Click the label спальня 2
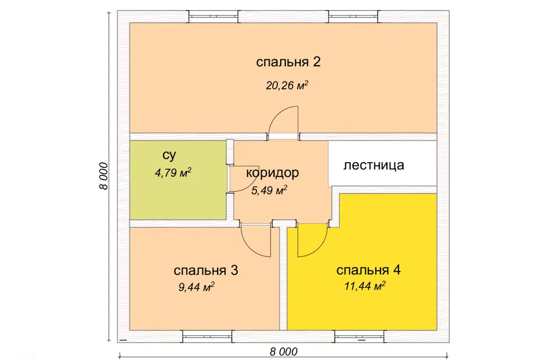288,62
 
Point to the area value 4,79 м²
173,173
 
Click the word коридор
272,173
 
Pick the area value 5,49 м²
269,190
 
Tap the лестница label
373,165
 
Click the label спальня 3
206,271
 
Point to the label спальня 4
368,270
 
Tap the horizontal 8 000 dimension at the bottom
283,352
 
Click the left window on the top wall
213,16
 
